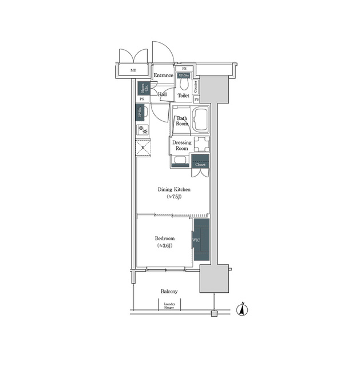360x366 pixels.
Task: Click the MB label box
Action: (133, 71)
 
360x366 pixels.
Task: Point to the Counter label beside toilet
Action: (196, 86)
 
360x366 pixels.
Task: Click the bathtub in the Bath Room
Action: (201, 121)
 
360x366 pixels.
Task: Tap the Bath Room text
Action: (182, 121)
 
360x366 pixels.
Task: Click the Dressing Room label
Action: (181, 145)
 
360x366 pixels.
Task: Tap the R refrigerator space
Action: (144, 148)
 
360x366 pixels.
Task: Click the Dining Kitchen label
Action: (174, 189)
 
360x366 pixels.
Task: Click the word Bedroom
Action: (164, 238)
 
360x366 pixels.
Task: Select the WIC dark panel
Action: (201, 240)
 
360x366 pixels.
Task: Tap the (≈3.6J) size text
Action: (164, 246)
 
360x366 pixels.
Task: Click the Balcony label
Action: (169, 291)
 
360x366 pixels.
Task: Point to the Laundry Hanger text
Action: (169, 306)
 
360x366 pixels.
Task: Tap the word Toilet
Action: (183, 96)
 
